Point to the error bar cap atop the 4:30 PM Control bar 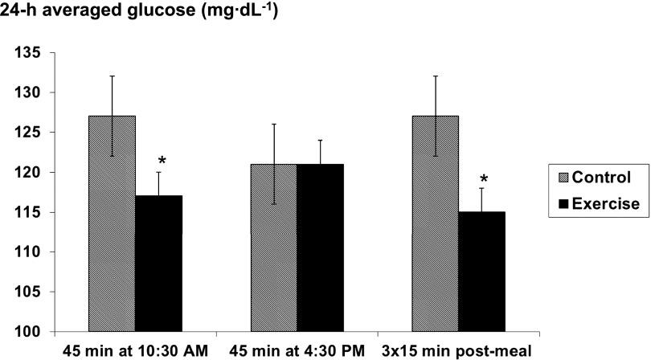273,125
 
